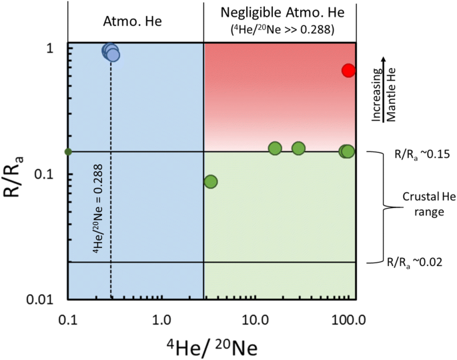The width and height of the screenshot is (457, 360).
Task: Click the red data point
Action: (348, 70)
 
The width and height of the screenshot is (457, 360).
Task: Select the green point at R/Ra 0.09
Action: (211, 181)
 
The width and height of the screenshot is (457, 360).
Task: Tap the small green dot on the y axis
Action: (67, 152)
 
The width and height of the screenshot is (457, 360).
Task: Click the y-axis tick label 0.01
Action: (45, 299)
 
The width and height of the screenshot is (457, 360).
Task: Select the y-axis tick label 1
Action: (56, 49)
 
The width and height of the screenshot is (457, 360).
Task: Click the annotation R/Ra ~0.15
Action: (418, 153)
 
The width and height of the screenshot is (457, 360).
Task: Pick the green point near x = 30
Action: (298, 148)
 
